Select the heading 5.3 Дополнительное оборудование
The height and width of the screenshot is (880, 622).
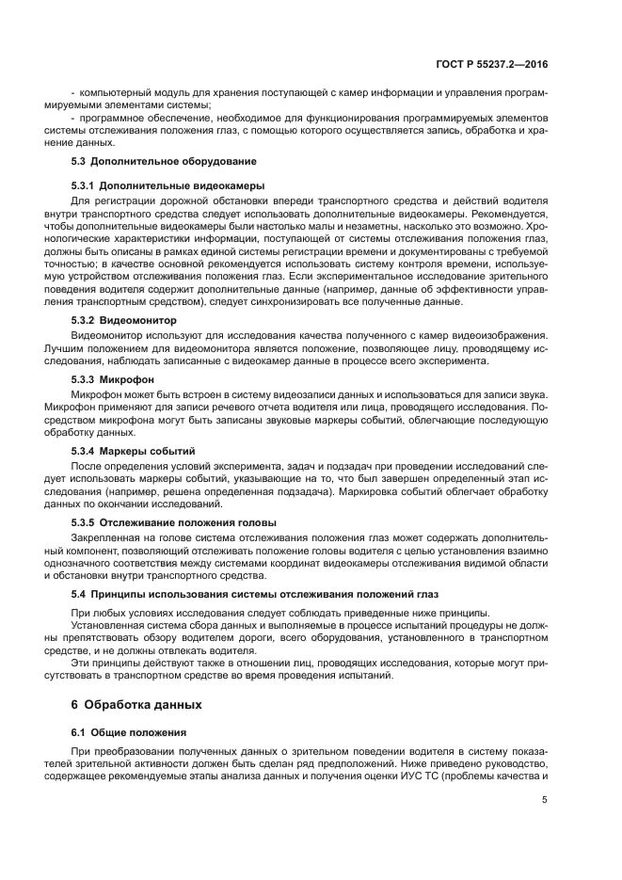pyautogui.click(x=152, y=163)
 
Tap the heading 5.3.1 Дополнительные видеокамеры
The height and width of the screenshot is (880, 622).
pyautogui.click(x=155, y=185)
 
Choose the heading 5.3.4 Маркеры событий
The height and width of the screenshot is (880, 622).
pyautogui.click(x=134, y=451)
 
